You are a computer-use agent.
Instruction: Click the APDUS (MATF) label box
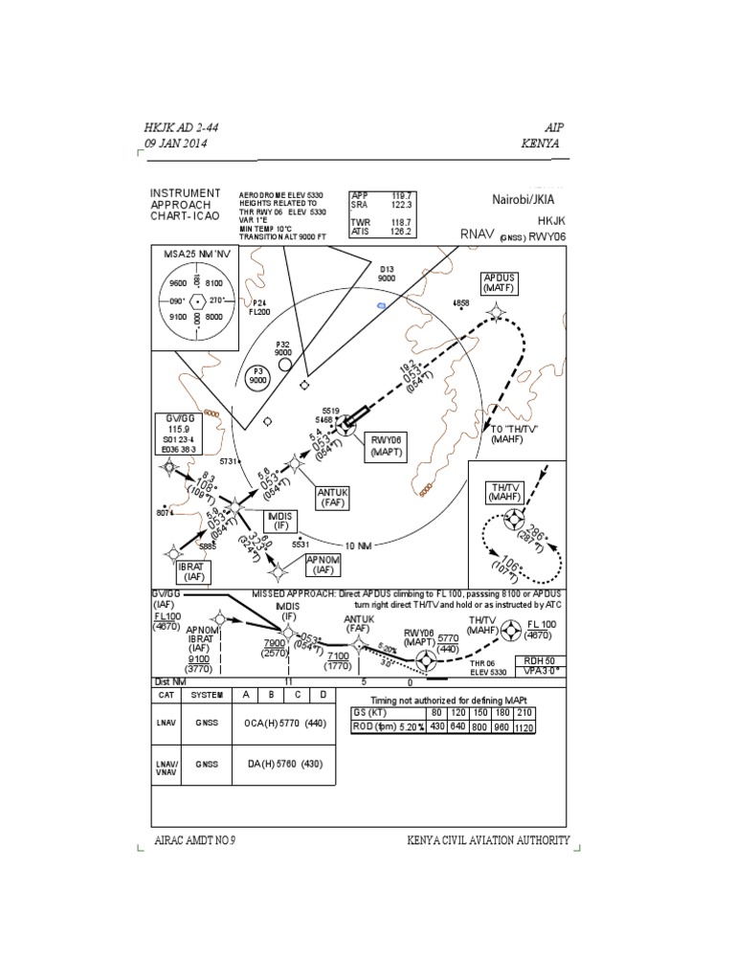click(500, 283)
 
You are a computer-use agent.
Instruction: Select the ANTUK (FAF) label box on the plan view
click(334, 497)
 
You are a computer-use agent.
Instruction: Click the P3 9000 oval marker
click(257, 376)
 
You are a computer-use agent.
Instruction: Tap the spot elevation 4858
click(460, 303)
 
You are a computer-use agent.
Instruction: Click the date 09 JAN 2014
click(176, 144)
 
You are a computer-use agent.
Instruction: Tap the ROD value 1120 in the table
click(524, 727)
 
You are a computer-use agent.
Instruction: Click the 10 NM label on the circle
click(358, 546)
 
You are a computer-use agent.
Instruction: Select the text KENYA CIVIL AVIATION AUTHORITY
click(488, 841)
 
